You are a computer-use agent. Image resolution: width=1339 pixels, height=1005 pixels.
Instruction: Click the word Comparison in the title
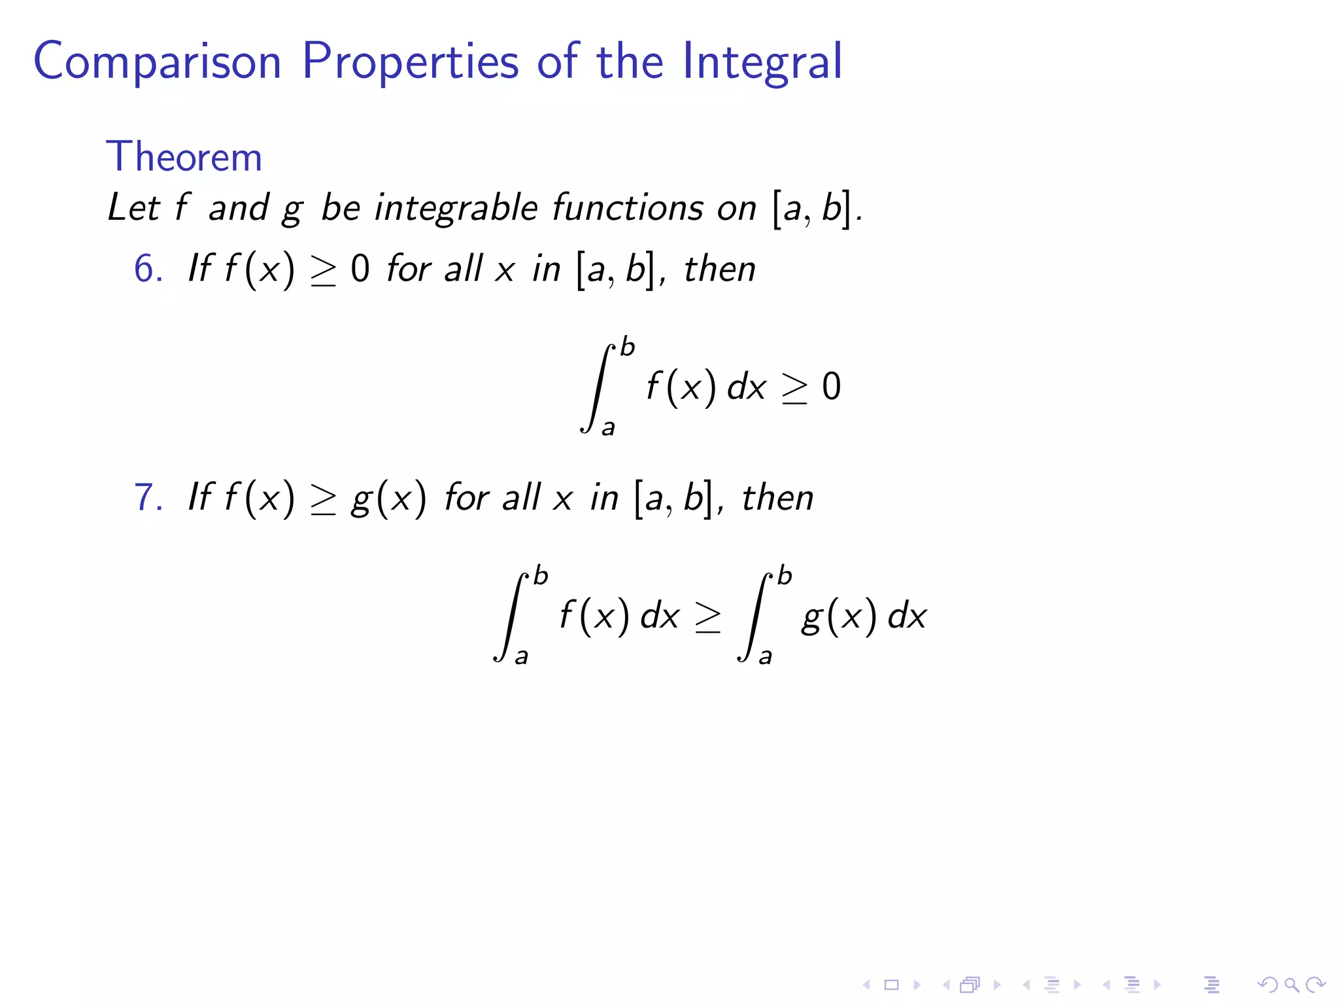[x=157, y=62]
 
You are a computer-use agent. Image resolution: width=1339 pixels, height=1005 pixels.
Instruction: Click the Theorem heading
[x=184, y=157]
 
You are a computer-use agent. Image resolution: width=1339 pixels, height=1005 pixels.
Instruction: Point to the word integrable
[x=456, y=208]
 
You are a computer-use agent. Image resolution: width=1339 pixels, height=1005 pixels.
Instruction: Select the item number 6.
[x=146, y=269]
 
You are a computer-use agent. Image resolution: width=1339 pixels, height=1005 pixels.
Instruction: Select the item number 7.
[x=146, y=497]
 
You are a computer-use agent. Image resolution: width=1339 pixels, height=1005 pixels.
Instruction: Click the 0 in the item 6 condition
[x=360, y=269]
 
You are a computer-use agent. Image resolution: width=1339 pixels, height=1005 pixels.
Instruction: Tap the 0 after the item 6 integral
[x=831, y=387]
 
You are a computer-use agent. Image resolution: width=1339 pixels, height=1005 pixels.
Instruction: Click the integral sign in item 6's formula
[x=597, y=387]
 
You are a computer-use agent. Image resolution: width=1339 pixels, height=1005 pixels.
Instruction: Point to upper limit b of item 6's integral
[x=627, y=347]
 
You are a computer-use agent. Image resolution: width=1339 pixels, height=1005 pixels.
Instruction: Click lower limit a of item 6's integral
[x=608, y=428]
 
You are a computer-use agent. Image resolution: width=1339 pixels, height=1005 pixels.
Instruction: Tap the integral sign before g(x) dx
[x=754, y=616]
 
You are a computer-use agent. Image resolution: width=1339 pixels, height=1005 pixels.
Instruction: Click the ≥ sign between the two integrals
[x=707, y=617]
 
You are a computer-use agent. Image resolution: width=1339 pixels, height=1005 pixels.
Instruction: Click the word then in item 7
[x=777, y=497]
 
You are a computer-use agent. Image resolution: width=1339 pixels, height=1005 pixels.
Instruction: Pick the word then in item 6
[x=720, y=269]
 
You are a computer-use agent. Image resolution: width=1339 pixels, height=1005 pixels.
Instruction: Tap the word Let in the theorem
[x=133, y=208]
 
